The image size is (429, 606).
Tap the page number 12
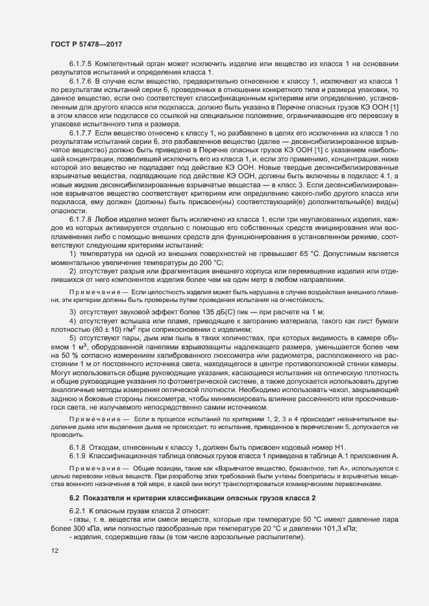pos(54,550)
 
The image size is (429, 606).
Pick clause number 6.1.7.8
pos(80,220)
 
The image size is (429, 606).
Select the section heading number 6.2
pos(74,497)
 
